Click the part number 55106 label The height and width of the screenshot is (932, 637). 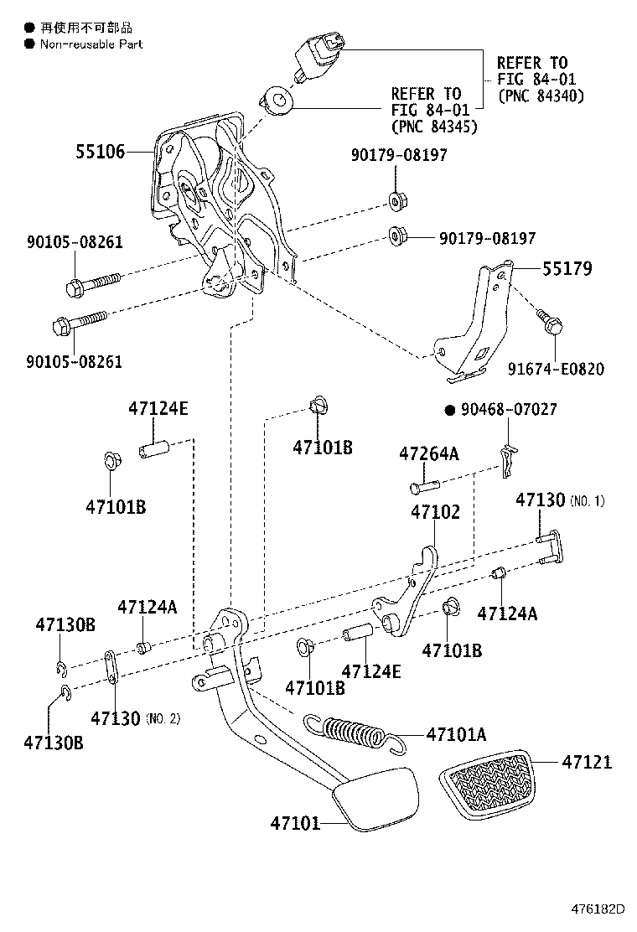coord(100,152)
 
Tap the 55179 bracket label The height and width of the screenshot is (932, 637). coord(567,269)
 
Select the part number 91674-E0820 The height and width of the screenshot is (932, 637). coord(556,369)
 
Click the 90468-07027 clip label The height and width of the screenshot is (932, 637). coord(510,410)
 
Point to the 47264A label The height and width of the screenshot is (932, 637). coord(428,453)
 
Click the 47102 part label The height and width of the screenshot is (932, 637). coord(435,511)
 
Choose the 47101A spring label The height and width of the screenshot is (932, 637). coord(456,734)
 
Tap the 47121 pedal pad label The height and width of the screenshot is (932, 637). coord(587,762)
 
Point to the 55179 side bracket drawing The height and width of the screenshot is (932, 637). coord(474,327)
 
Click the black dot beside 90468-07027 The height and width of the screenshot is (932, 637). coord(448,410)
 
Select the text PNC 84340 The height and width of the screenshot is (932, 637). coord(541,96)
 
